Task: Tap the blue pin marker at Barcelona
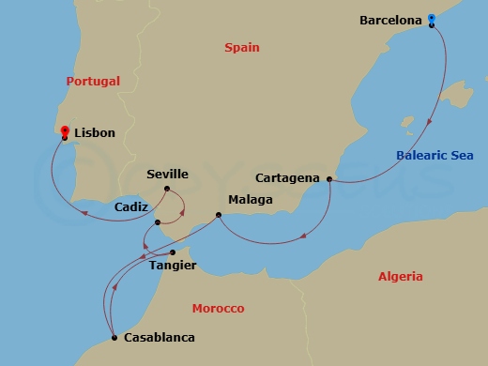click(431, 18)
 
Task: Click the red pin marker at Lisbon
click(64, 131)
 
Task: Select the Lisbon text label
click(94, 133)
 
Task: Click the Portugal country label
click(93, 81)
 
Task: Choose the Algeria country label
click(400, 276)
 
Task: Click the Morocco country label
click(218, 308)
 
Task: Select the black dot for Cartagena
click(329, 178)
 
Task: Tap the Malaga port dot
click(219, 215)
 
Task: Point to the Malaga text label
click(251, 200)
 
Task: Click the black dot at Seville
click(167, 189)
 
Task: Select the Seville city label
click(168, 175)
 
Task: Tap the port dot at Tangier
click(173, 252)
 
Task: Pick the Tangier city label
click(173, 266)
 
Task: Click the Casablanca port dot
click(114, 337)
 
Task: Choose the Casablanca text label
click(160, 337)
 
